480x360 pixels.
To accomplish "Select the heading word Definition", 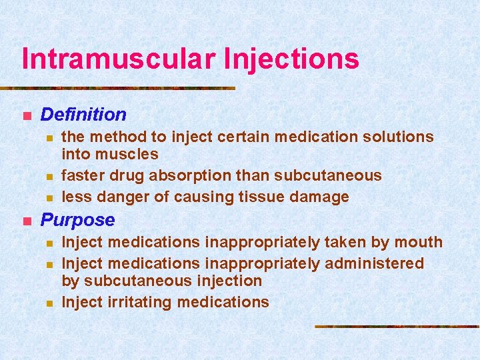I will (x=83, y=114).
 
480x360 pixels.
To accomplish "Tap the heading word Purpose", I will (x=78, y=219).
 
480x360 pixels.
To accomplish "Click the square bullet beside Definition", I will (x=26, y=115).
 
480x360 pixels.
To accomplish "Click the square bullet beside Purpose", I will (x=26, y=221).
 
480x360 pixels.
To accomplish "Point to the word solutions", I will (x=398, y=137).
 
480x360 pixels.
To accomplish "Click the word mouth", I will (x=419, y=242).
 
